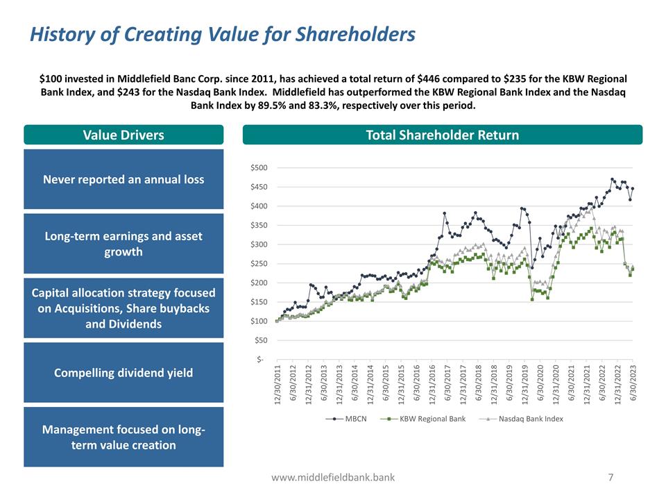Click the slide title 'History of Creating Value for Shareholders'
point(222,33)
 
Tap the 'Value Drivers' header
point(123,135)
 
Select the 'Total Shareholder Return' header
point(442,135)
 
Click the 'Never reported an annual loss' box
point(123,179)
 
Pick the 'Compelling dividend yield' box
point(123,373)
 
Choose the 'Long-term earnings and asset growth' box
point(123,244)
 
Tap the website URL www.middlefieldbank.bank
point(333,477)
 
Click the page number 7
point(610,477)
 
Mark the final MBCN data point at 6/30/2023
point(633,189)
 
